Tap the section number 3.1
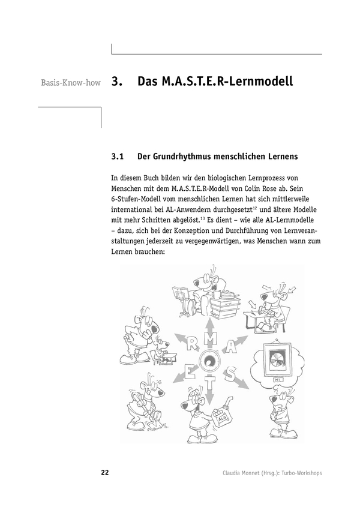click(x=118, y=157)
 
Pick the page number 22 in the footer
click(x=104, y=473)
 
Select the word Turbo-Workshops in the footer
click(x=299, y=473)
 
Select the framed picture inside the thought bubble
click(x=275, y=362)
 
